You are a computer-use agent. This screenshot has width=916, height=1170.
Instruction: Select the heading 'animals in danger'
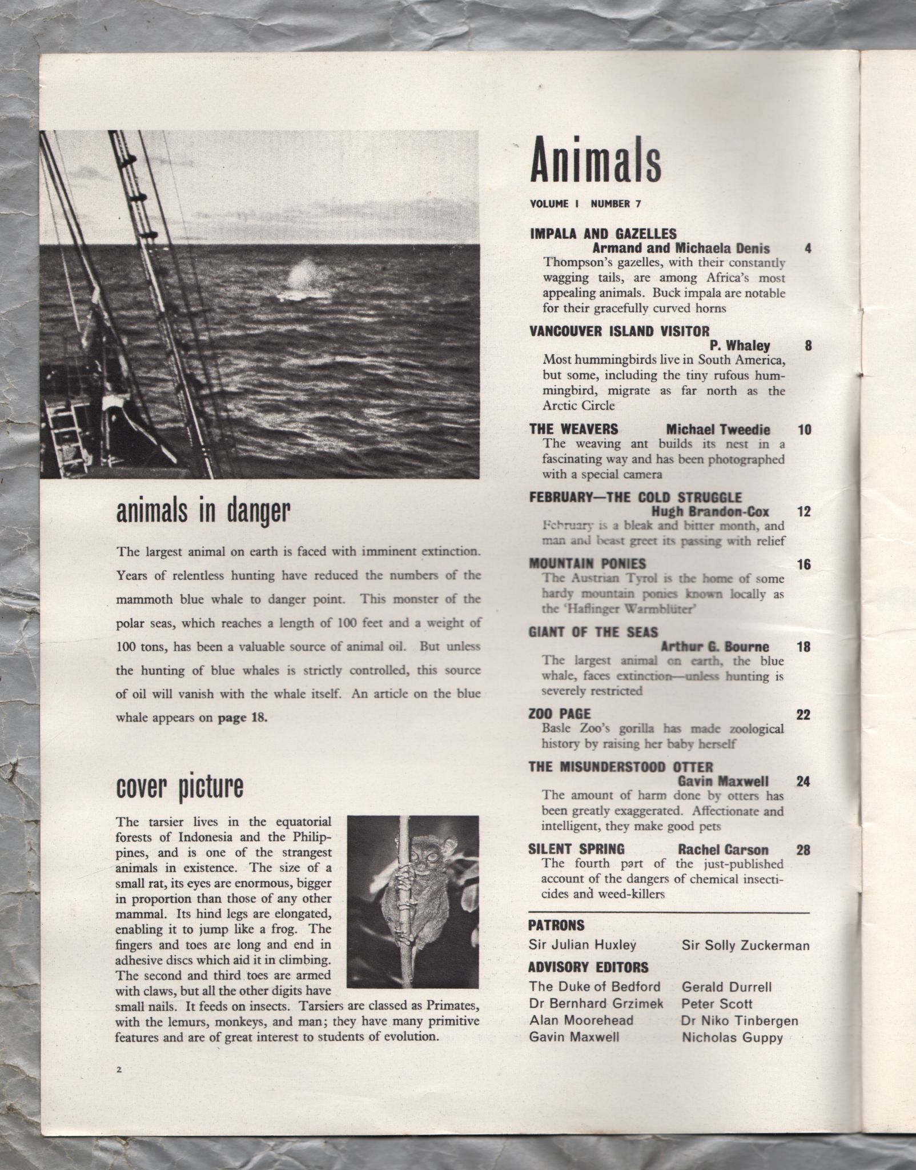coord(203,511)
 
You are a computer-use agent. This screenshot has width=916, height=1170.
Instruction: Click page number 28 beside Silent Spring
coord(802,850)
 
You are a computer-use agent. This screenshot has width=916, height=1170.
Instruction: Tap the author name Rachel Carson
coord(723,850)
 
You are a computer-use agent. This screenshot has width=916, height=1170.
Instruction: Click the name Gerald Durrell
coord(726,987)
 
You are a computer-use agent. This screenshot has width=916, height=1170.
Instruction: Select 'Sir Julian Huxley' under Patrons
coord(582,945)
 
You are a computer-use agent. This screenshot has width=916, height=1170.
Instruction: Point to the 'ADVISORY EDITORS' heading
coord(589,967)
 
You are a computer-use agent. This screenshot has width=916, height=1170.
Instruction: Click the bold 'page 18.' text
coord(243,718)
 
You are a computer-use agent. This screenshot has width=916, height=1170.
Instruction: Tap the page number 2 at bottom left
coord(119,1070)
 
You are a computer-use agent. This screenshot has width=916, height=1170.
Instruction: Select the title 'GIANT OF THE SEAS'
coord(593,632)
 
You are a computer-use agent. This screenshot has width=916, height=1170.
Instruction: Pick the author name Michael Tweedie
coord(718,430)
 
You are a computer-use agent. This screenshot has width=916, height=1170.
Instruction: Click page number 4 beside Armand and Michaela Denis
coord(807,249)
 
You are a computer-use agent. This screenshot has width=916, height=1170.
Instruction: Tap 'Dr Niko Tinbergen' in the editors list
coord(740,1020)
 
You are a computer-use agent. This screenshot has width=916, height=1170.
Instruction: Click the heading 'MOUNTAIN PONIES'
coord(587,564)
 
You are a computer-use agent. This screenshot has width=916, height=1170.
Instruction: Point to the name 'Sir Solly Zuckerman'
coord(745,945)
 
